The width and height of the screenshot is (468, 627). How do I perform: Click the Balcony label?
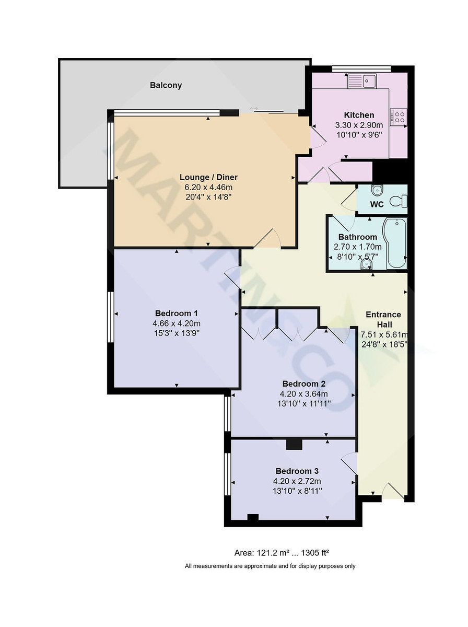[166, 85]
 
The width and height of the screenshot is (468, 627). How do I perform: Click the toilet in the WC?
[400, 201]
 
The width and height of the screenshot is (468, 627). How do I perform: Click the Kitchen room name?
[359, 115]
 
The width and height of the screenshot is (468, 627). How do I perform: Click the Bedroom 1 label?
[176, 313]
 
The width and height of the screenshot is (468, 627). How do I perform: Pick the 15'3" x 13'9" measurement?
[176, 333]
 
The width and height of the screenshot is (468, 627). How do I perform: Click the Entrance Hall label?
[383, 319]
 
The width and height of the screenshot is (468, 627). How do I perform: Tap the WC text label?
[377, 204]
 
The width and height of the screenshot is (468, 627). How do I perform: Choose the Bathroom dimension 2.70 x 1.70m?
[358, 247]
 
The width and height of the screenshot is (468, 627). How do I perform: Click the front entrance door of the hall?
[393, 492]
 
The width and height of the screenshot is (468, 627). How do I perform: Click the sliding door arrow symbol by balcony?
[254, 109]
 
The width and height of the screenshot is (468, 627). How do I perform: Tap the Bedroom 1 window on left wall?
[111, 317]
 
